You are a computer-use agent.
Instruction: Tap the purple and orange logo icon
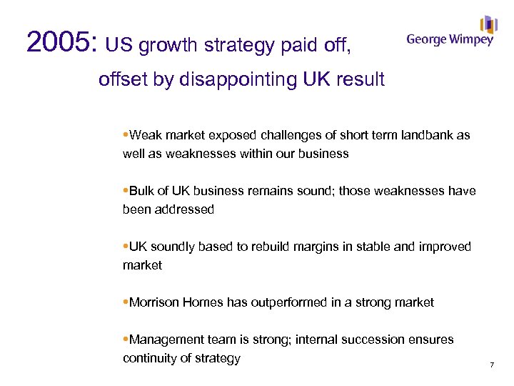pos(488,24)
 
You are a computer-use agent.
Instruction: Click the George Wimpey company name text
pos(449,40)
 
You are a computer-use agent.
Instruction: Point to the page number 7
pos(492,365)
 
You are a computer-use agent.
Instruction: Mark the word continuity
pos(150,358)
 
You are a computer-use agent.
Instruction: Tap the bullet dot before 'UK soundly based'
pos(126,247)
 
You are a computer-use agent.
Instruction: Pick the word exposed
pos(232,135)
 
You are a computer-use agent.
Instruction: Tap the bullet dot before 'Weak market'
pos(126,135)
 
